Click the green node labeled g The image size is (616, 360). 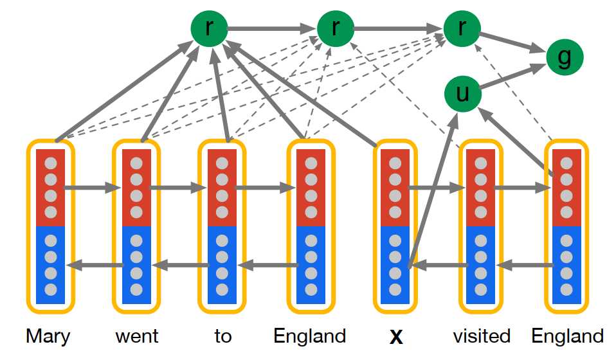pyautogui.click(x=565, y=57)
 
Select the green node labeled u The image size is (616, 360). pyautogui.click(x=462, y=94)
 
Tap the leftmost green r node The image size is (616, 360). pyautogui.click(x=208, y=28)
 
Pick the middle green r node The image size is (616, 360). pyautogui.click(x=335, y=28)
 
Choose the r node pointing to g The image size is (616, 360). pyautogui.click(x=462, y=28)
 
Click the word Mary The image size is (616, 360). pyautogui.click(x=48, y=336)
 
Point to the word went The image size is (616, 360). pyautogui.click(x=136, y=336)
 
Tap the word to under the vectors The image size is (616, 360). pyautogui.click(x=222, y=336)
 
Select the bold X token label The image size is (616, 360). pyautogui.click(x=396, y=336)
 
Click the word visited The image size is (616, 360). pyautogui.click(x=482, y=336)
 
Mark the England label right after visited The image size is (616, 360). pyautogui.click(x=567, y=336)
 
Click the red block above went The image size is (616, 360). pyautogui.click(x=136, y=188)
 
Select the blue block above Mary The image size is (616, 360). pyautogui.click(x=51, y=265)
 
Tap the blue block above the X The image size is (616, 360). pyautogui.click(x=395, y=265)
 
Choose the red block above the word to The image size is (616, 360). pyautogui.click(x=222, y=188)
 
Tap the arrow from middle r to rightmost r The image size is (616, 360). pyautogui.click(x=398, y=28)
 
